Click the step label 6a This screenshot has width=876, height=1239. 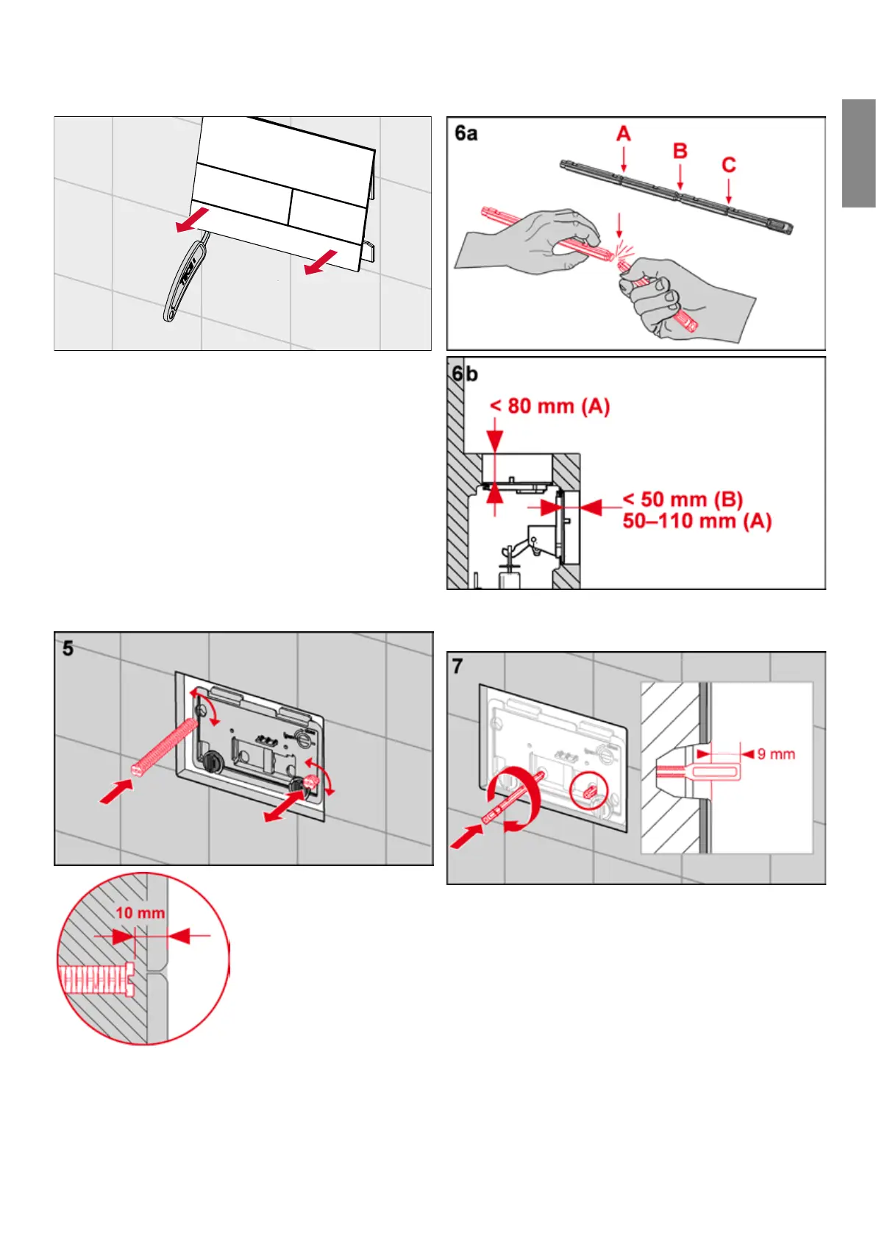pos(466,133)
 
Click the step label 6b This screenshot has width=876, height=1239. pos(465,374)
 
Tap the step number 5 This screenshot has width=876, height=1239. pos(68,648)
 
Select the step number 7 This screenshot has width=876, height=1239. pos(457,667)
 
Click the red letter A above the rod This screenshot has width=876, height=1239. pos(624,134)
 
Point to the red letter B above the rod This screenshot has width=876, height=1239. pos(680,152)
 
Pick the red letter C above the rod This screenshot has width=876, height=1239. pos(729,165)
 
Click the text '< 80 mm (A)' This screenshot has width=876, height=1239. pos(550,406)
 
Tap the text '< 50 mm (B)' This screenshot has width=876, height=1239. pos(683,500)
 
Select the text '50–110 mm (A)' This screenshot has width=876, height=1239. pos(697,522)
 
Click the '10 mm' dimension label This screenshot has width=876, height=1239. pos(140,913)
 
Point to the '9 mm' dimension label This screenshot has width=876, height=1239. pos(776,754)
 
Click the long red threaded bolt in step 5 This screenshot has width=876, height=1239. pos(166,745)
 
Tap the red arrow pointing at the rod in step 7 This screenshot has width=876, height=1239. pos(466,837)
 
